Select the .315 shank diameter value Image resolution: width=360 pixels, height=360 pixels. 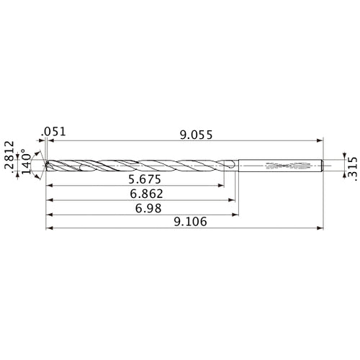[352, 165]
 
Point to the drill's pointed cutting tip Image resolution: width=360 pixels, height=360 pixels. [45, 165]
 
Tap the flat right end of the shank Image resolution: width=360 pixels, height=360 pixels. [320, 165]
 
